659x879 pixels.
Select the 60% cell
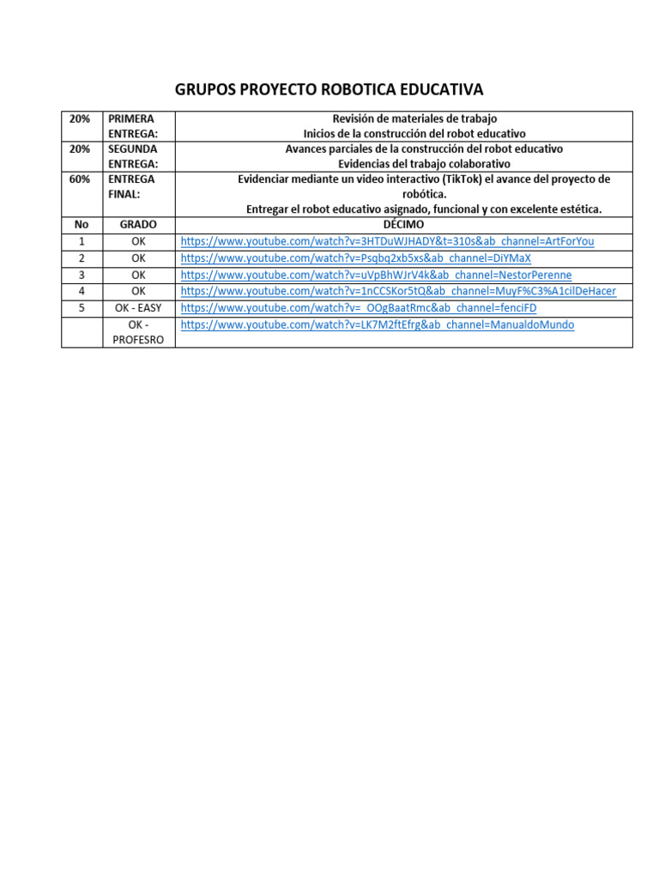(x=82, y=179)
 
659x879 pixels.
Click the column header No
(x=82, y=225)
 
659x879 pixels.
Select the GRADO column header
(x=138, y=225)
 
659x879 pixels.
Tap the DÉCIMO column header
(x=403, y=225)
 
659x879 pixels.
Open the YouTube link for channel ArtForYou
(x=387, y=241)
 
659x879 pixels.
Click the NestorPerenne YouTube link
(x=376, y=275)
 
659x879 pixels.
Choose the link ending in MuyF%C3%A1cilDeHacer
(x=398, y=291)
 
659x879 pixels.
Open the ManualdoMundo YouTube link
(x=378, y=324)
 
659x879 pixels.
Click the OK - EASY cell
(x=138, y=307)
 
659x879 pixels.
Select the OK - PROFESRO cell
(x=138, y=332)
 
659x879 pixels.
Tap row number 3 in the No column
(x=82, y=275)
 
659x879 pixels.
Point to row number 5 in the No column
(x=82, y=307)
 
